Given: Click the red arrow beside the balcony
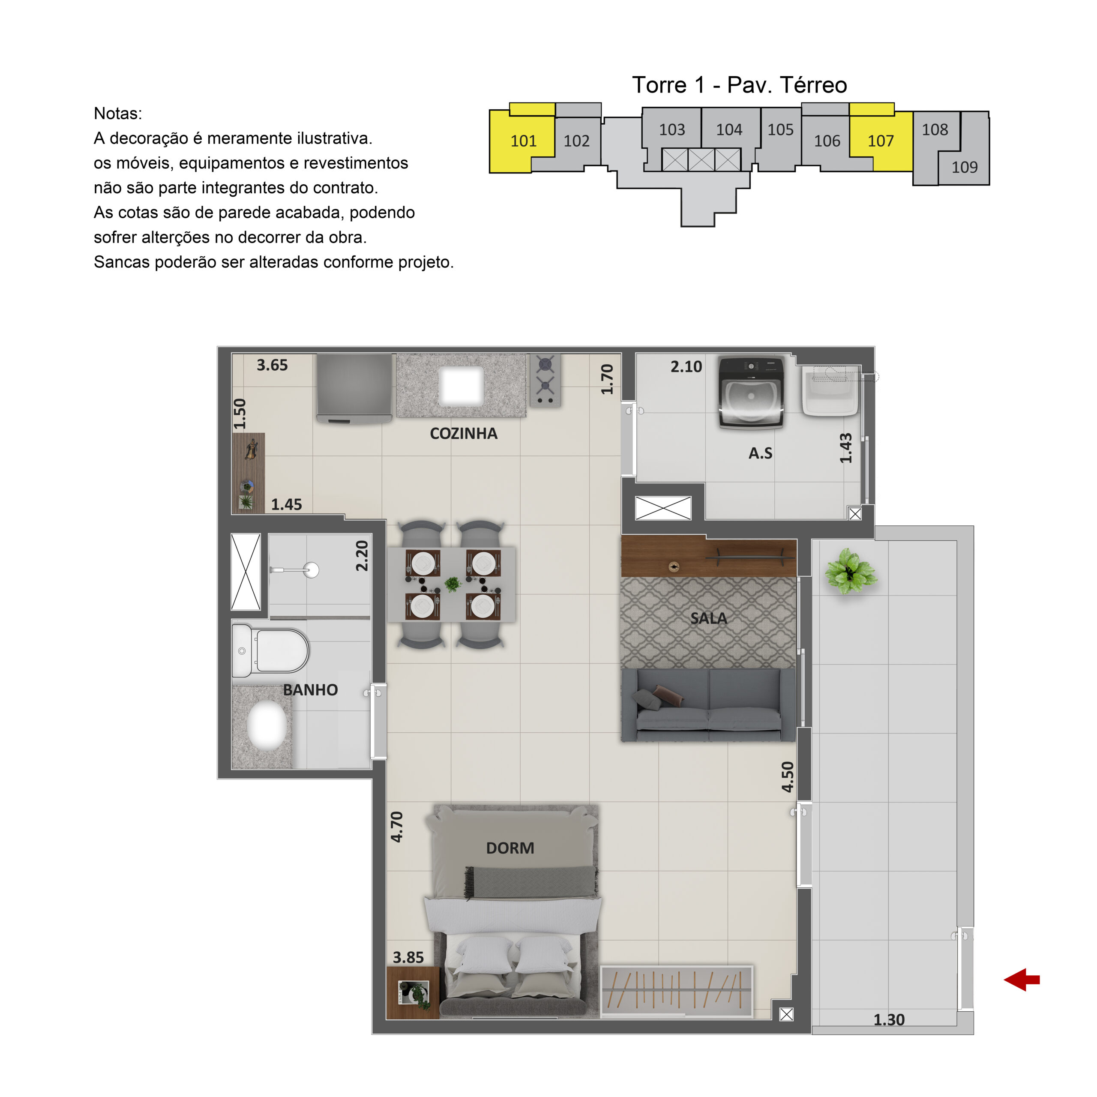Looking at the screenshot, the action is pyautogui.click(x=1022, y=980).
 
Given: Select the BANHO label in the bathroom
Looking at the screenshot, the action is pyautogui.click(x=311, y=690).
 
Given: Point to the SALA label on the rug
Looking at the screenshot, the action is pyautogui.click(x=709, y=618).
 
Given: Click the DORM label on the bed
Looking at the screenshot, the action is pyautogui.click(x=510, y=848).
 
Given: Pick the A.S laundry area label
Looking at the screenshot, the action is pyautogui.click(x=760, y=453).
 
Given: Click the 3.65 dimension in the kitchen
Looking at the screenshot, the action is pyautogui.click(x=272, y=365).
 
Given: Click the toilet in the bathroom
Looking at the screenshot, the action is pyautogui.click(x=270, y=651).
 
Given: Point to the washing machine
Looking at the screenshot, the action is pyautogui.click(x=751, y=392).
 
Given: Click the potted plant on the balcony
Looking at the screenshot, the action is pyautogui.click(x=850, y=571).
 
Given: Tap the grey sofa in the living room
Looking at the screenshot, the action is pyautogui.click(x=709, y=704).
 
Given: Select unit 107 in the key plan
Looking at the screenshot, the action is pyautogui.click(x=881, y=141).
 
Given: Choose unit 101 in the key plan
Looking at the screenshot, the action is pyautogui.click(x=523, y=141).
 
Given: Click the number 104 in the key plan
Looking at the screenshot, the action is pyautogui.click(x=729, y=130).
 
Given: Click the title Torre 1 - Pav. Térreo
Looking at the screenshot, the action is pyautogui.click(x=739, y=85).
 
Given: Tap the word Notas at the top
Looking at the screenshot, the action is pyautogui.click(x=117, y=114).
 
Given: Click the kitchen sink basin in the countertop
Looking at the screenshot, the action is pyautogui.click(x=461, y=386).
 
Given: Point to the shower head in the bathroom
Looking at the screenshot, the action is pyautogui.click(x=311, y=569).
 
